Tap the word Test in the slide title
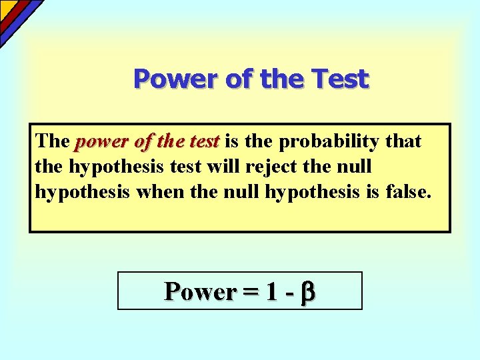click(x=341, y=79)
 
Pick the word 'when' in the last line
click(x=155, y=193)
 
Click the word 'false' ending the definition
click(x=408, y=193)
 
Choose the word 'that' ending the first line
click(x=403, y=142)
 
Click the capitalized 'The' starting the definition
click(x=53, y=142)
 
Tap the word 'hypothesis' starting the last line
click(x=82, y=193)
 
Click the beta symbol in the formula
click(x=308, y=292)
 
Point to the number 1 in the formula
click(x=272, y=291)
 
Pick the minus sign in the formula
click(x=291, y=292)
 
